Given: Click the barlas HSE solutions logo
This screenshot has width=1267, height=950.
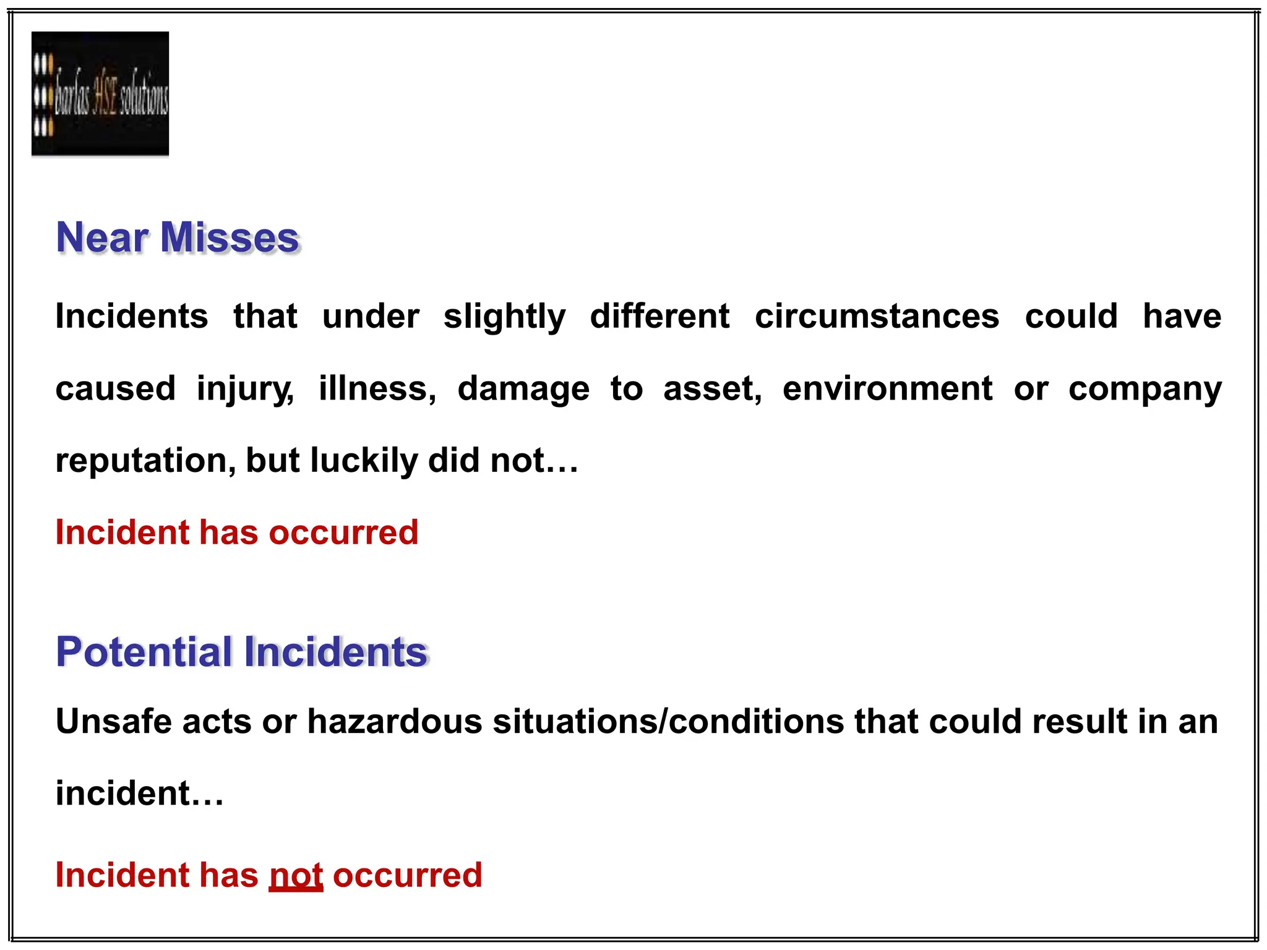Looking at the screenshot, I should [100, 93].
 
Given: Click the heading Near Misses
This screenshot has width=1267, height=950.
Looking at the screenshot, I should [178, 237].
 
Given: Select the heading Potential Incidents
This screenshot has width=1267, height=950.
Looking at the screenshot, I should [242, 652].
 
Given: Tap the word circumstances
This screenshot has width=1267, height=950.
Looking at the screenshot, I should [877, 317].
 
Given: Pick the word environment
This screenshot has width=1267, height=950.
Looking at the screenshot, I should [887, 389].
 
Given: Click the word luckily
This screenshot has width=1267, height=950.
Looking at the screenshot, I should [364, 461].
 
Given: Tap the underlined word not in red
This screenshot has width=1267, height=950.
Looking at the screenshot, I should [296, 876].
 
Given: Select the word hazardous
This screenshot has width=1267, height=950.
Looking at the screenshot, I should [395, 722].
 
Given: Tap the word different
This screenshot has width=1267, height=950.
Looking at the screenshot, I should [659, 317].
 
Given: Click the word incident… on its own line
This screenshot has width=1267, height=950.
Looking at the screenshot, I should [139, 794].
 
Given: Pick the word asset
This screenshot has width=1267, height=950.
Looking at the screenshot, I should [712, 389].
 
